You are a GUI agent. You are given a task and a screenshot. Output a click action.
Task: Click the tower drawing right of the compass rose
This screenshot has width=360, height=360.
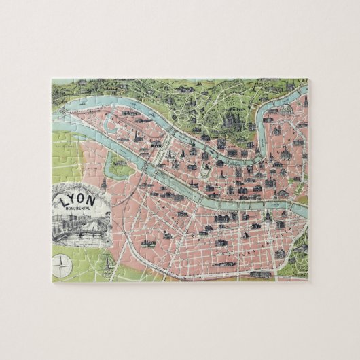pyautogui.click(x=105, y=262)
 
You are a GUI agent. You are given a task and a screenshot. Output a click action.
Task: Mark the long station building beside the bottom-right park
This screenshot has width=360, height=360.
pyautogui.click(x=262, y=274)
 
